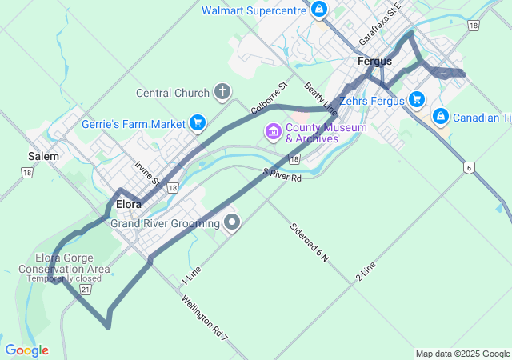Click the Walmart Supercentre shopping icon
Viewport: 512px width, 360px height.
[319, 10]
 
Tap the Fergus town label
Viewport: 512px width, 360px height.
[374, 61]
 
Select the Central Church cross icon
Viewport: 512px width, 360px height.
[222, 93]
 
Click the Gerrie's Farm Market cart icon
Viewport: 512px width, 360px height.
[197, 123]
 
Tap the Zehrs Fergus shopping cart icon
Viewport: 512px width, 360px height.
[416, 100]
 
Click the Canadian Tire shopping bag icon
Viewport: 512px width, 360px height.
[440, 117]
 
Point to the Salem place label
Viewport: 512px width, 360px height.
[43, 156]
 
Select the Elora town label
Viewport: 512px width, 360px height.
[129, 204]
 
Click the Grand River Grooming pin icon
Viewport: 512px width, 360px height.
[232, 222]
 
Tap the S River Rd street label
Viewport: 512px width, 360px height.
[282, 174]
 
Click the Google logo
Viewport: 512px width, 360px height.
[26, 350]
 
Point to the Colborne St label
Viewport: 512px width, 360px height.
[269, 97]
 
